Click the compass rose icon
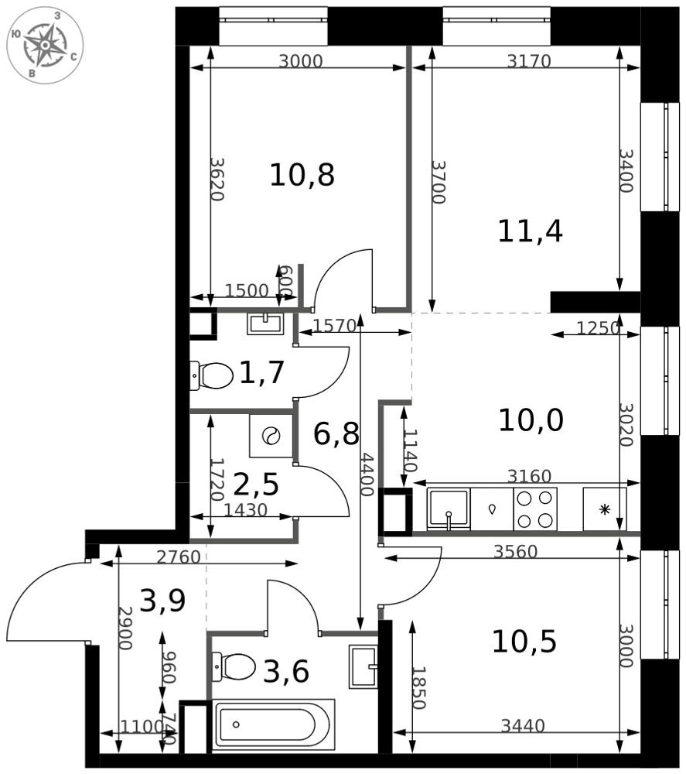click(x=45, y=45)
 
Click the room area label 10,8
click(x=302, y=176)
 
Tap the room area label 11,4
click(x=530, y=231)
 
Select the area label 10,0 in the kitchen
click(x=530, y=421)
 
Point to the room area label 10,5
click(x=524, y=642)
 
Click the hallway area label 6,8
click(x=336, y=433)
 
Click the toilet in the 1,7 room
click(x=213, y=377)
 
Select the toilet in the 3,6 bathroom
click(x=234, y=666)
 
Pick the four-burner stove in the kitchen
click(x=535, y=509)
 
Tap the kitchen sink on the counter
click(x=449, y=510)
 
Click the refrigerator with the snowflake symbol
click(x=605, y=509)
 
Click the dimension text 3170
click(x=528, y=62)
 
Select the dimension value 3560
click(x=515, y=552)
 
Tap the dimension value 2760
click(x=178, y=557)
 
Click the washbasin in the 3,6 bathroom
click(x=363, y=666)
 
